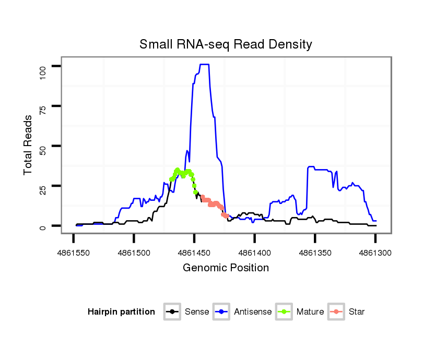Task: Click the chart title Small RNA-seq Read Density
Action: (x=226, y=44)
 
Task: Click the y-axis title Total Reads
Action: (x=28, y=145)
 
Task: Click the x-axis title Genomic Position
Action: (x=226, y=268)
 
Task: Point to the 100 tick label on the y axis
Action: (x=42, y=66)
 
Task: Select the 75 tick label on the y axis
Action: (x=42, y=106)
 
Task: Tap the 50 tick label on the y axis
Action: (x=42, y=146)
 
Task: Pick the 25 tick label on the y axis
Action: (x=42, y=186)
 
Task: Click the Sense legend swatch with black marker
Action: (x=172, y=311)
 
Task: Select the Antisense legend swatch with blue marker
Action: (x=221, y=311)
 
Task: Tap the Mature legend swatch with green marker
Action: (x=284, y=311)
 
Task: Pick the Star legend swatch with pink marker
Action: (x=336, y=311)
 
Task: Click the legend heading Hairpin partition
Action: (x=121, y=312)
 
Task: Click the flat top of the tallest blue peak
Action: (x=204, y=64)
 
